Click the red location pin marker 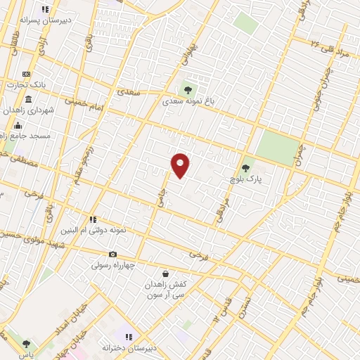tap(181, 165)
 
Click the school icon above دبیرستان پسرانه tap(46, 10)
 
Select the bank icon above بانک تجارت tap(27, 74)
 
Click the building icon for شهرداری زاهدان tap(29, 99)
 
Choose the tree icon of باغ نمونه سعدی tap(186, 89)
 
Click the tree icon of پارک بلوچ tap(245, 168)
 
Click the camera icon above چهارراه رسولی tap(112, 254)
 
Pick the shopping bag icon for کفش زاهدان tap(165, 274)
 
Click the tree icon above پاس tap(26, 344)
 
